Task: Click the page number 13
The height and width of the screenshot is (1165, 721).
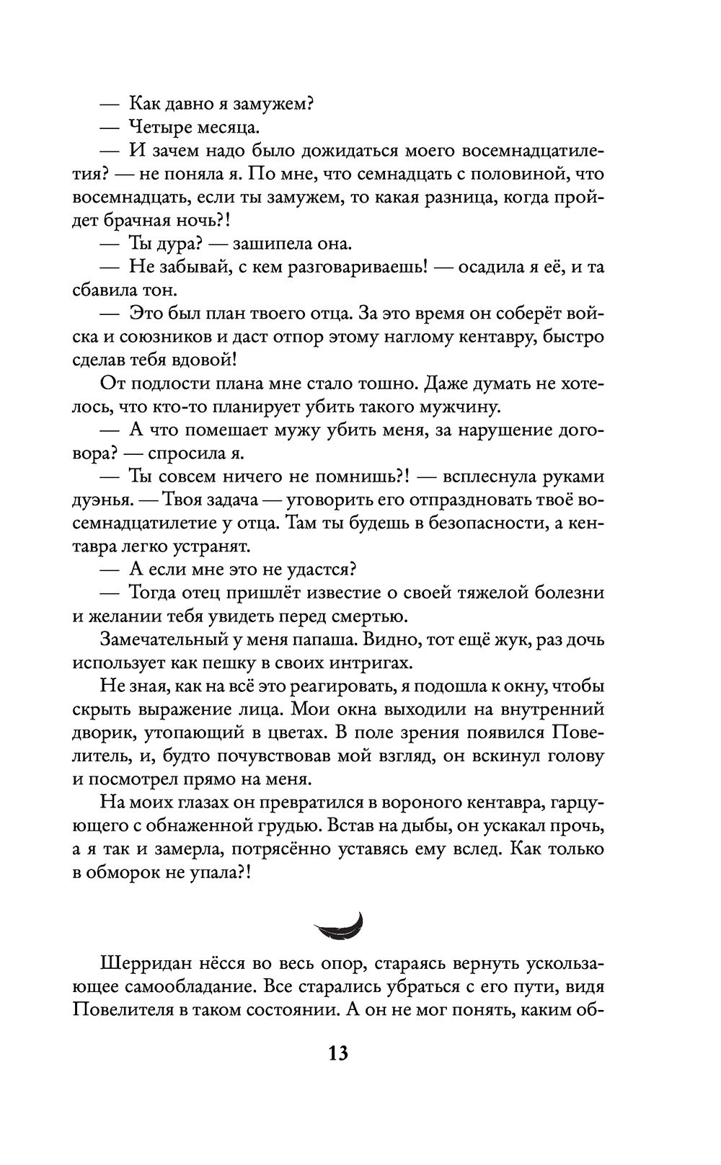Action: (x=339, y=1053)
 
